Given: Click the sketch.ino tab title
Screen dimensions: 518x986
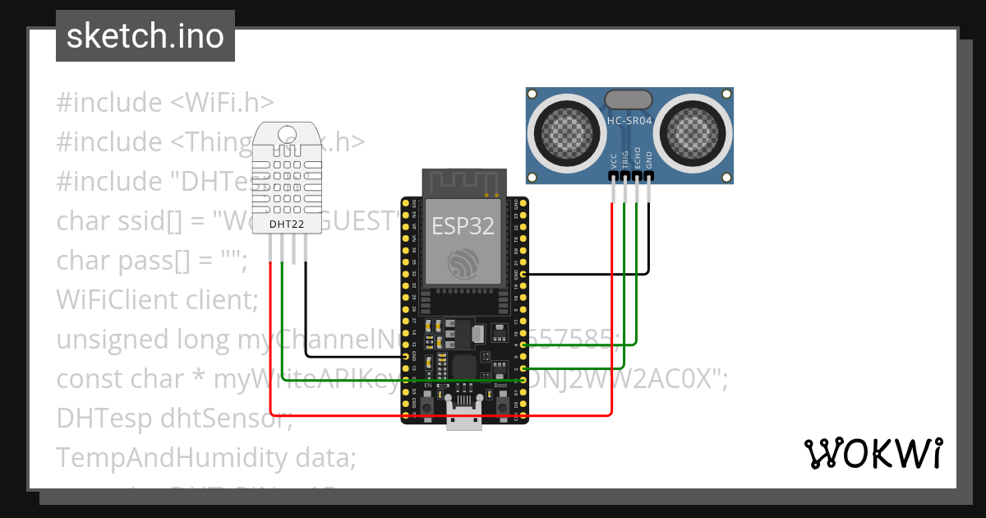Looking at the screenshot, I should [145, 37].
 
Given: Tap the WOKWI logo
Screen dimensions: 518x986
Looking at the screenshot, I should [873, 453].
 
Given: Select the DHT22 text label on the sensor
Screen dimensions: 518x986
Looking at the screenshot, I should [286, 224].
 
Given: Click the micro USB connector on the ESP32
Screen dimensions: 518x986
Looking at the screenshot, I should [465, 415].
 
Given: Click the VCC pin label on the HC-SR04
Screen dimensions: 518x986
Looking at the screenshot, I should [613, 160].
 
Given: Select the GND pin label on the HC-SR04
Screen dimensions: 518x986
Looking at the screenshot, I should [649, 160].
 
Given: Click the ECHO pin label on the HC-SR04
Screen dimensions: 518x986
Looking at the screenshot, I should [638, 159].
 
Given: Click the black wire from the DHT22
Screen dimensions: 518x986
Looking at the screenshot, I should [306, 321].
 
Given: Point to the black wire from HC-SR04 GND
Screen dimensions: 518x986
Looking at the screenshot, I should [649, 247].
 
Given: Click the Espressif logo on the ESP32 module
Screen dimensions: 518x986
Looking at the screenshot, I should [462, 264].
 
